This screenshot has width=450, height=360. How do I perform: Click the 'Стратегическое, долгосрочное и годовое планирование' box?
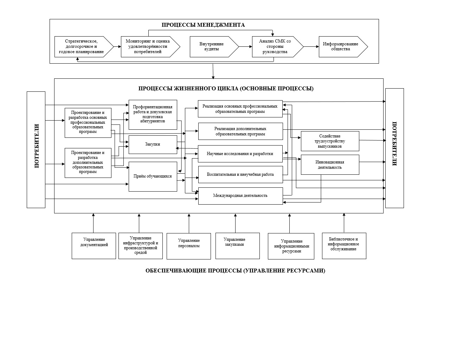pos(82,46)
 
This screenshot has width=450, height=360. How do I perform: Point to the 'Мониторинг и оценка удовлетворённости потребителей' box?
pos(148,46)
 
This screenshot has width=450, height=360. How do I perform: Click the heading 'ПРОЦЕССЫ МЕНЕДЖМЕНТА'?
pos(203,25)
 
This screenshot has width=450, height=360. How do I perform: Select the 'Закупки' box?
pos(153,144)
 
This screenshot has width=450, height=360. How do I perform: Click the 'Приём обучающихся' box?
pos(153,176)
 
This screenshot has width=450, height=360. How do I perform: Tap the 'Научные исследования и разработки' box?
pos(240,154)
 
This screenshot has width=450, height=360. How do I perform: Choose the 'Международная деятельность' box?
pos(240,196)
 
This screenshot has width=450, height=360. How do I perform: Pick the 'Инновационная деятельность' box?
pos(330,165)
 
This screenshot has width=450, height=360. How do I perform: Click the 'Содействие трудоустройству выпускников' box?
pos(330,141)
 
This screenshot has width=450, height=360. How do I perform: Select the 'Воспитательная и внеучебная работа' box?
pos(240,174)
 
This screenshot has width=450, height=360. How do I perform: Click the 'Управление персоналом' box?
pos(189,246)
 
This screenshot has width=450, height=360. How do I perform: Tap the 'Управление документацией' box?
pos(94,246)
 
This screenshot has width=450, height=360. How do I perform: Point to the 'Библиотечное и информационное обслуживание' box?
pos(344,246)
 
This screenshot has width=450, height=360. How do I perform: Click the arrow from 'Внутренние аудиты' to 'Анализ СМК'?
pos(245,46)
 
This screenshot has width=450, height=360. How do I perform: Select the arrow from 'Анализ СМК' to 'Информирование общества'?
pos(311,46)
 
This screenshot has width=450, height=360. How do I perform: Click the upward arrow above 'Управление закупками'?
pos(235,223)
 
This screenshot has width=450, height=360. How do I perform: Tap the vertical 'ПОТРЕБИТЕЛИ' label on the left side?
pos(36,146)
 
